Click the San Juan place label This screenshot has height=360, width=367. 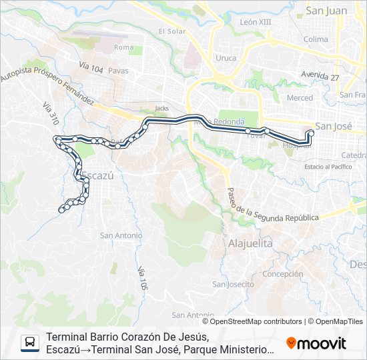pos(326,10)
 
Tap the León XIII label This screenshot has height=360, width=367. pos(256,22)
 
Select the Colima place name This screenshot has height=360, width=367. pos(316,39)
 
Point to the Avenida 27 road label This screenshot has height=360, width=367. pos(320,76)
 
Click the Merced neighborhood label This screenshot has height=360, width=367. pos(299,98)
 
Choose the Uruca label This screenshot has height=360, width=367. pos(226,58)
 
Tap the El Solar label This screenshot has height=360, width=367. pos(171,31)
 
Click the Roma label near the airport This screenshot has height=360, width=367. pos(123,47)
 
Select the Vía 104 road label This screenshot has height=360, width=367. pos(91,67)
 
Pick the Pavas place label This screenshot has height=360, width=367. pos(118,70)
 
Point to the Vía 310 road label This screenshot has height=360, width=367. pos(50,115)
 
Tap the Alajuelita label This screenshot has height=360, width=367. pos(250,244)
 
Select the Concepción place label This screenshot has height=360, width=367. pos(283,274)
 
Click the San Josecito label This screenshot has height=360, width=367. pos(233,285)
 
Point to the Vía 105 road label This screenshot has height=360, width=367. pos(142,277)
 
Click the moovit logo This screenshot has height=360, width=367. pos(316,343)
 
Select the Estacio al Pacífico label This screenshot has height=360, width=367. pos(328,166)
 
